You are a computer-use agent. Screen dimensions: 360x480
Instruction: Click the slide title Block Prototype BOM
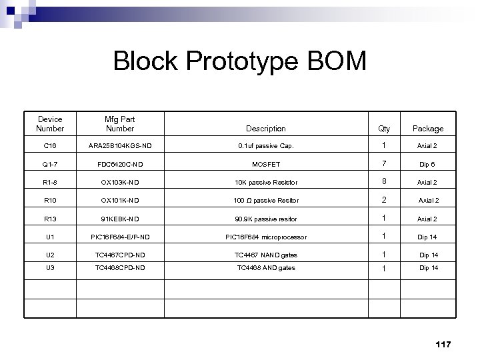pyautogui.click(x=240, y=61)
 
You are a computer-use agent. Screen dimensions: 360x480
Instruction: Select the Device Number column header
pyautogui.click(x=50, y=123)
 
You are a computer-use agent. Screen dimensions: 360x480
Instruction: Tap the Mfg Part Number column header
pyautogui.click(x=120, y=123)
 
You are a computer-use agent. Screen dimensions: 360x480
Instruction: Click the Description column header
pyautogui.click(x=265, y=129)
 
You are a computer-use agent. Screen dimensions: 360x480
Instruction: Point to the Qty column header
pyautogui.click(x=385, y=129)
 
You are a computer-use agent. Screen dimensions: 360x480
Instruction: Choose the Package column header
pyautogui.click(x=427, y=129)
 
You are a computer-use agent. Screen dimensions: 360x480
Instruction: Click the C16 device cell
pyautogui.click(x=50, y=146)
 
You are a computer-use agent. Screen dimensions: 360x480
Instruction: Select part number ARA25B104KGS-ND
pyautogui.click(x=120, y=146)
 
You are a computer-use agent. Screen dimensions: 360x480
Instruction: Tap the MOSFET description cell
pyautogui.click(x=265, y=164)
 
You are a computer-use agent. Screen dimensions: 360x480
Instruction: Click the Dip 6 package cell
pyautogui.click(x=427, y=164)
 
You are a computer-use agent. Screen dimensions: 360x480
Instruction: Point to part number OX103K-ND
pyautogui.click(x=120, y=182)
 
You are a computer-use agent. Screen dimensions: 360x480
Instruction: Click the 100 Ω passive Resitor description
pyautogui.click(x=265, y=201)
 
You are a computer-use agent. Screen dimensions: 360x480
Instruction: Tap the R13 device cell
pyautogui.click(x=50, y=219)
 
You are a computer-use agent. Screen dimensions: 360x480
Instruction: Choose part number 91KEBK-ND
pyautogui.click(x=120, y=219)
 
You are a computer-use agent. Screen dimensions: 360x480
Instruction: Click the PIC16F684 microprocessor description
pyautogui.click(x=265, y=237)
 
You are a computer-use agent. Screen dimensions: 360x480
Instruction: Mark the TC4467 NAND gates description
pyautogui.click(x=265, y=255)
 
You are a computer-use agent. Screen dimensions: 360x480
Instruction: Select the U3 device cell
pyautogui.click(x=50, y=268)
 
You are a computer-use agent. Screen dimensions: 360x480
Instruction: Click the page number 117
pyautogui.click(x=443, y=344)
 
